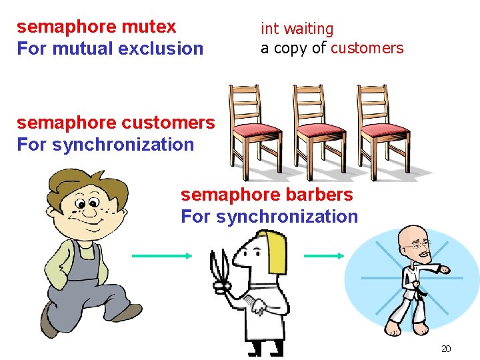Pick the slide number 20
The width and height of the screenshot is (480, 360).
pyautogui.click(x=446, y=349)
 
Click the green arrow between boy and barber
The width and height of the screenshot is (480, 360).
pyautogui.click(x=161, y=255)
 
